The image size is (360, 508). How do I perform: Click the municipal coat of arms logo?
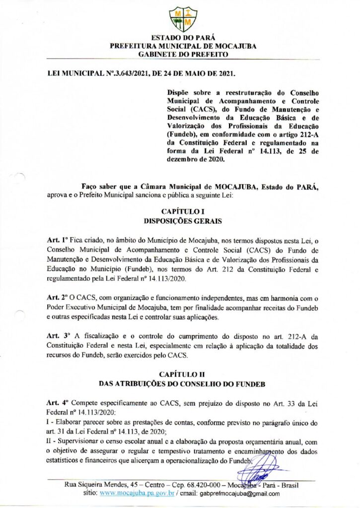[183, 19]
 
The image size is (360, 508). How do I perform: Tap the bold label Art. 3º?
[55, 335]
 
